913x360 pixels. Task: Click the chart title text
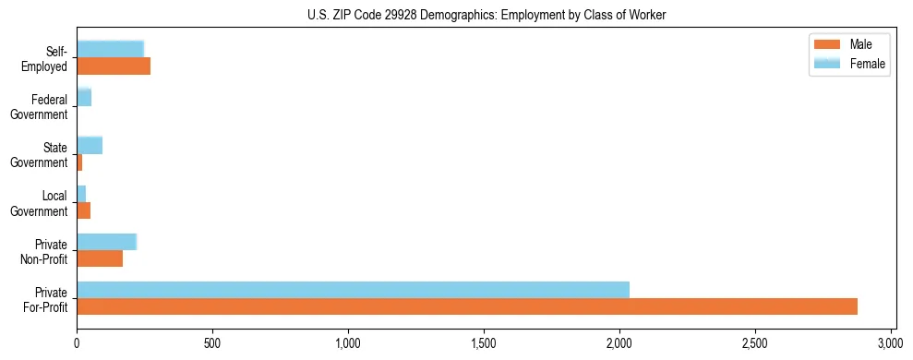point(487,15)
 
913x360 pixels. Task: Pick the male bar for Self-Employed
point(114,66)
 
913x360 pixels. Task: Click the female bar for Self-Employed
point(110,49)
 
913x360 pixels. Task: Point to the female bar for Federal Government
point(84,97)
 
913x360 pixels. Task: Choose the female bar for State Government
point(90,145)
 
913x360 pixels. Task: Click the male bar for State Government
point(79,162)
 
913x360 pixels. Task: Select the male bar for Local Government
point(83,210)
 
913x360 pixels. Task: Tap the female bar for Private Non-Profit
point(106,242)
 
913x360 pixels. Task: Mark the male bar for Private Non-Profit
point(100,258)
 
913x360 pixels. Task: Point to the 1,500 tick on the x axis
point(484,337)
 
